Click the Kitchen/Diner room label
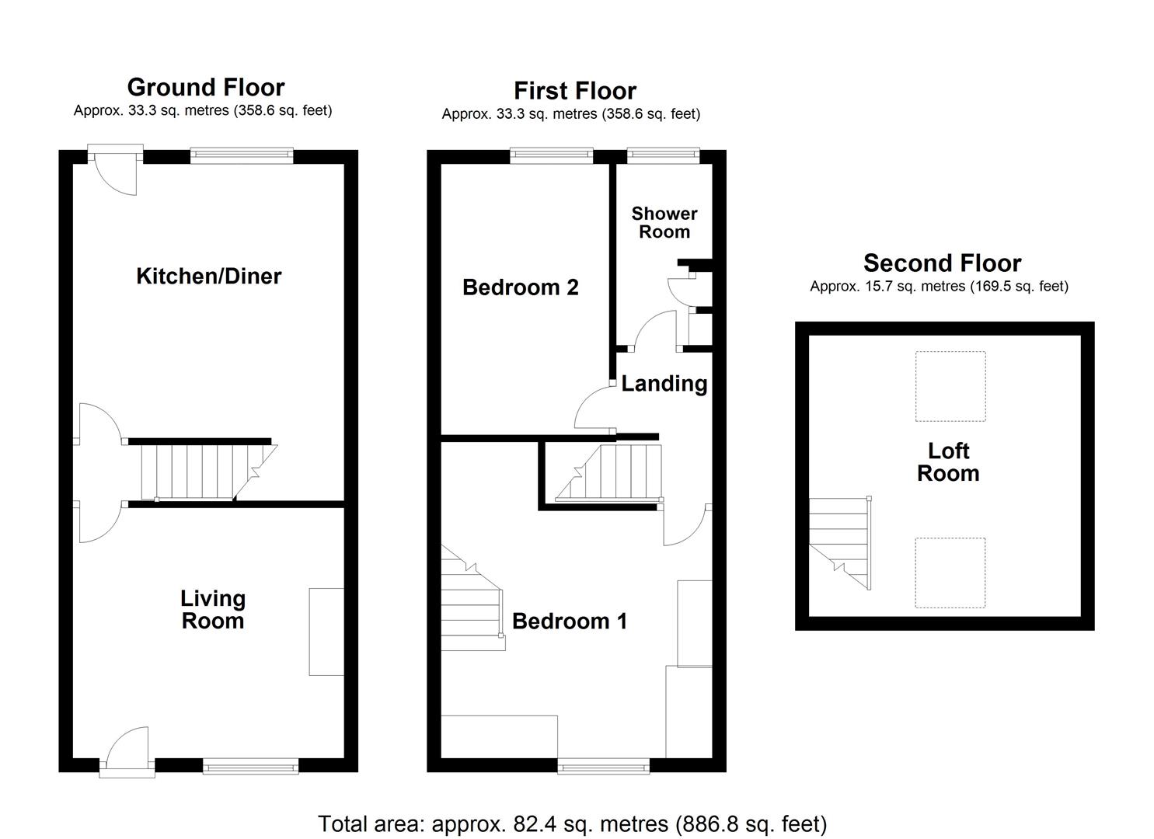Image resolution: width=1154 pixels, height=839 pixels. pos(208,276)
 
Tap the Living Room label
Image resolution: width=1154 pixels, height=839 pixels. pos(212,610)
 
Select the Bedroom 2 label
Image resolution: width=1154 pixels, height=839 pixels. pos(520,287)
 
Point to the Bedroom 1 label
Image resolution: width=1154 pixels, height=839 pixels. pos(570,621)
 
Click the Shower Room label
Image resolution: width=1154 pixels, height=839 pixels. pos(664,222)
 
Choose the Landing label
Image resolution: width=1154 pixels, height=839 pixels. pos(664,384)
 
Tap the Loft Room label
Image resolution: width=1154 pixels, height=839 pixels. pos(948,462)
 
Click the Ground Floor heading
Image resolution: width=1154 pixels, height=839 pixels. pos(206,87)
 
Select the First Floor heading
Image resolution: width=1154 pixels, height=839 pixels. pos(574,91)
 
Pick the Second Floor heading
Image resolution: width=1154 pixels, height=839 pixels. pos(942,263)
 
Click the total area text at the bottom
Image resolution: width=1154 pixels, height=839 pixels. pos(573,823)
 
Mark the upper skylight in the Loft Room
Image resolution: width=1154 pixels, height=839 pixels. pos(950,386)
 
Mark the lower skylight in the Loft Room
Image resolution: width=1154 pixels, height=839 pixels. pos(950,573)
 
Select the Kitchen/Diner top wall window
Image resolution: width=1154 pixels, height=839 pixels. pos(242,155)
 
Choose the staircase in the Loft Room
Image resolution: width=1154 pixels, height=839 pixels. pos(839,544)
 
